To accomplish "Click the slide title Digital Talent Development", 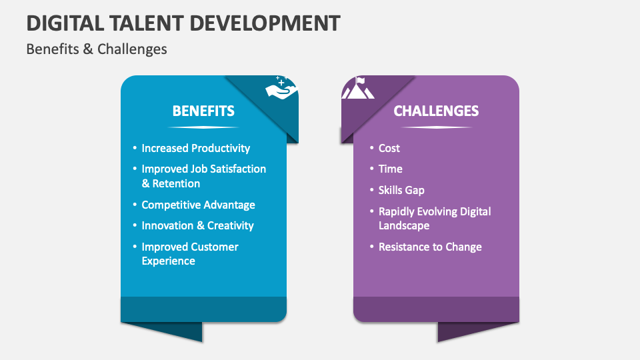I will point(183,23).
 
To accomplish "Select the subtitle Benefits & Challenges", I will point(97,49).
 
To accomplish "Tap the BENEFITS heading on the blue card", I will point(203,111).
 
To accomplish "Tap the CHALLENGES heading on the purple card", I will point(436,111).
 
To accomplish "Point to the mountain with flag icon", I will point(358,89).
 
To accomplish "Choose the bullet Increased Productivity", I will point(195,148).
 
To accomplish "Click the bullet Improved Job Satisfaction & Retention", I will point(203,176).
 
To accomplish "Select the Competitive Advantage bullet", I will point(198,205).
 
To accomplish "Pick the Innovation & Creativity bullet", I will point(197,225).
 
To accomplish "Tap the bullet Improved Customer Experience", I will point(189,253).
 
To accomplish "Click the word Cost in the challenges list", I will point(389,148).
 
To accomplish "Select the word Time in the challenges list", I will point(391,169).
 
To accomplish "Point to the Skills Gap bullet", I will point(401,190).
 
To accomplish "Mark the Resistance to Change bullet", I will point(430,247).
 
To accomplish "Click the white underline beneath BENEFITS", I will point(203,127).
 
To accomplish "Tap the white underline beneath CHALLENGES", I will point(436,127).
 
